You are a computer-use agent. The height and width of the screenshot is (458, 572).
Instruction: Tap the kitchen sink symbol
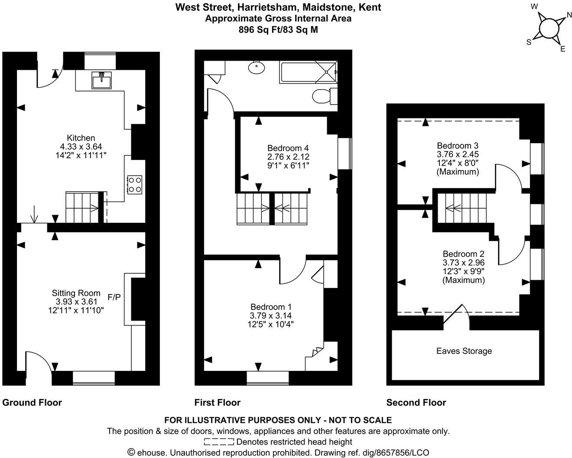101,80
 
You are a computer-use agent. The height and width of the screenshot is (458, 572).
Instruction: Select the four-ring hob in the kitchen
134,184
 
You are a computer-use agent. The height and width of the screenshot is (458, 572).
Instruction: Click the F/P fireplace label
114,297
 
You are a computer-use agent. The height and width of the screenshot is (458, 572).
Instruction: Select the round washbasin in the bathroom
257,68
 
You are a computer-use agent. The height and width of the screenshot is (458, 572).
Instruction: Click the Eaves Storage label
464,351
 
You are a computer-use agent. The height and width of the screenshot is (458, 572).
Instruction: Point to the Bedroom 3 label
457,145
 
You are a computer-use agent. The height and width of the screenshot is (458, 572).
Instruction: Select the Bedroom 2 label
463,254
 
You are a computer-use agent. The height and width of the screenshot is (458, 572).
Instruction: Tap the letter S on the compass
529,42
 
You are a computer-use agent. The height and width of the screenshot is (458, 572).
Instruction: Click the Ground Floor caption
32,402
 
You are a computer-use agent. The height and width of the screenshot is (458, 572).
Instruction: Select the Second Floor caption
416,402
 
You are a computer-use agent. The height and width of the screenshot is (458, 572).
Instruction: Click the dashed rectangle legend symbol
219,442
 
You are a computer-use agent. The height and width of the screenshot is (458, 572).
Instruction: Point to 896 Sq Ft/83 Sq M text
278,29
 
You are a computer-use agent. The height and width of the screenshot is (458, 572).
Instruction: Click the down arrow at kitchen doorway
34,215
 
